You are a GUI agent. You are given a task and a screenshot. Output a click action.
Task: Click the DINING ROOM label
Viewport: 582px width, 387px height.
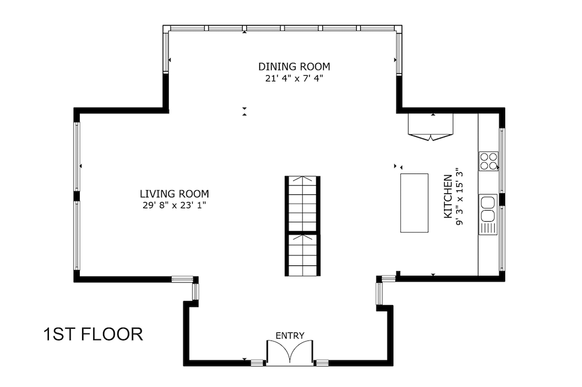coord(294,67)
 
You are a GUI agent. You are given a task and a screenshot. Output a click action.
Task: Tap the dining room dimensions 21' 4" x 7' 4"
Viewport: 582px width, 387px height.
coord(294,79)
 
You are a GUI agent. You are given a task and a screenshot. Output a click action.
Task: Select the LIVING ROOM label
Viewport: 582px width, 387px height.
coord(175,194)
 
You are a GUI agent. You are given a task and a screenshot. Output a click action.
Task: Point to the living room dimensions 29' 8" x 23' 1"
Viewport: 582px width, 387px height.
coord(175,205)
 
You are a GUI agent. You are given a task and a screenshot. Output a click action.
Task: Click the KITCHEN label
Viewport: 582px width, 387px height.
coord(448,196)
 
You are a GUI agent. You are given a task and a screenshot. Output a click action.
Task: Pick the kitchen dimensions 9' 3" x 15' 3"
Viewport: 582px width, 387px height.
coord(460,196)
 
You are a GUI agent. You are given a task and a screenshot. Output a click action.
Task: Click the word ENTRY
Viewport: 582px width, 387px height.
coord(290,336)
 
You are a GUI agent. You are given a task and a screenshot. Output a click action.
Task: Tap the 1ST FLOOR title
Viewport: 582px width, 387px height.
coord(93,334)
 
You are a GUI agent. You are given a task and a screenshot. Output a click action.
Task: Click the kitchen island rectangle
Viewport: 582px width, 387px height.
coord(414,203)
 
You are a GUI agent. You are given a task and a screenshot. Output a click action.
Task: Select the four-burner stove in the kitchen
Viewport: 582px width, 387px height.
coord(488,161)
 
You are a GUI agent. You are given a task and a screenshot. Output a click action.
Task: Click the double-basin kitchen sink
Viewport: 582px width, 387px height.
coord(488,209)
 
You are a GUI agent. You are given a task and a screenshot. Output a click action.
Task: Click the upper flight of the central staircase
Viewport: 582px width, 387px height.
coord(303,204)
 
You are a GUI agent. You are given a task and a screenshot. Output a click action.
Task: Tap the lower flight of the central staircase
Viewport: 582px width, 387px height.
coord(303,255)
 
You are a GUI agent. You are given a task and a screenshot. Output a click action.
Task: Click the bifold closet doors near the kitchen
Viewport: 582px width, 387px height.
coord(431,127)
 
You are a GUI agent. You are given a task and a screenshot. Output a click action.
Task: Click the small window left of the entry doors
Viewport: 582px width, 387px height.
coord(257,363)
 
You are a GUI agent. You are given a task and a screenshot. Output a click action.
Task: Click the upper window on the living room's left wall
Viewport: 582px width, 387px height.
coord(77,157)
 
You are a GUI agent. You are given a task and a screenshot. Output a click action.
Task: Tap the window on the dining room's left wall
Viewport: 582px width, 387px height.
coord(165,51)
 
